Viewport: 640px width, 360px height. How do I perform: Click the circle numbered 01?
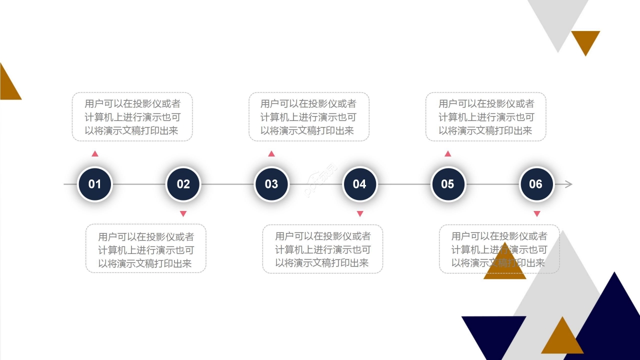click(95, 184)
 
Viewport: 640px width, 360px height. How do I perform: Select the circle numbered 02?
click(183, 184)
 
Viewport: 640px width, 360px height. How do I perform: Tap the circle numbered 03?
click(271, 184)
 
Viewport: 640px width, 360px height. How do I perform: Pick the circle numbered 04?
click(359, 184)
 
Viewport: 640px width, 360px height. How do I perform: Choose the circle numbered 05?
click(447, 184)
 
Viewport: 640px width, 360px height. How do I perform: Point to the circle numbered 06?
click(536, 184)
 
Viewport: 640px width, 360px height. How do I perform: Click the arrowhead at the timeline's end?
click(568, 184)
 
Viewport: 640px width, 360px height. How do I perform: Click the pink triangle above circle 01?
click(95, 154)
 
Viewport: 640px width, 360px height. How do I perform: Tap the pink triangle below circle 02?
click(183, 213)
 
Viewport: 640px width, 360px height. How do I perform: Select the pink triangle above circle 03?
click(271, 154)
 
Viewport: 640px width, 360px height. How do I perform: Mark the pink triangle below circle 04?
click(360, 213)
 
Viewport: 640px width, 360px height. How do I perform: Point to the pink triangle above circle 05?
click(448, 154)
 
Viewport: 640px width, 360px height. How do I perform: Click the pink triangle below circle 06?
click(537, 213)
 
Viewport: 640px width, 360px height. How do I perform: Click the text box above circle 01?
click(132, 116)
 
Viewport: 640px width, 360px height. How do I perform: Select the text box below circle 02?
click(145, 248)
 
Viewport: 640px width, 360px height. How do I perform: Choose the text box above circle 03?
click(309, 116)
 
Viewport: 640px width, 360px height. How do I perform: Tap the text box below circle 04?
click(322, 249)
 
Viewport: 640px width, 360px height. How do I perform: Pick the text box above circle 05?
click(485, 116)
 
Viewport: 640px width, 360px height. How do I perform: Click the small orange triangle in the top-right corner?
click(585, 40)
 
